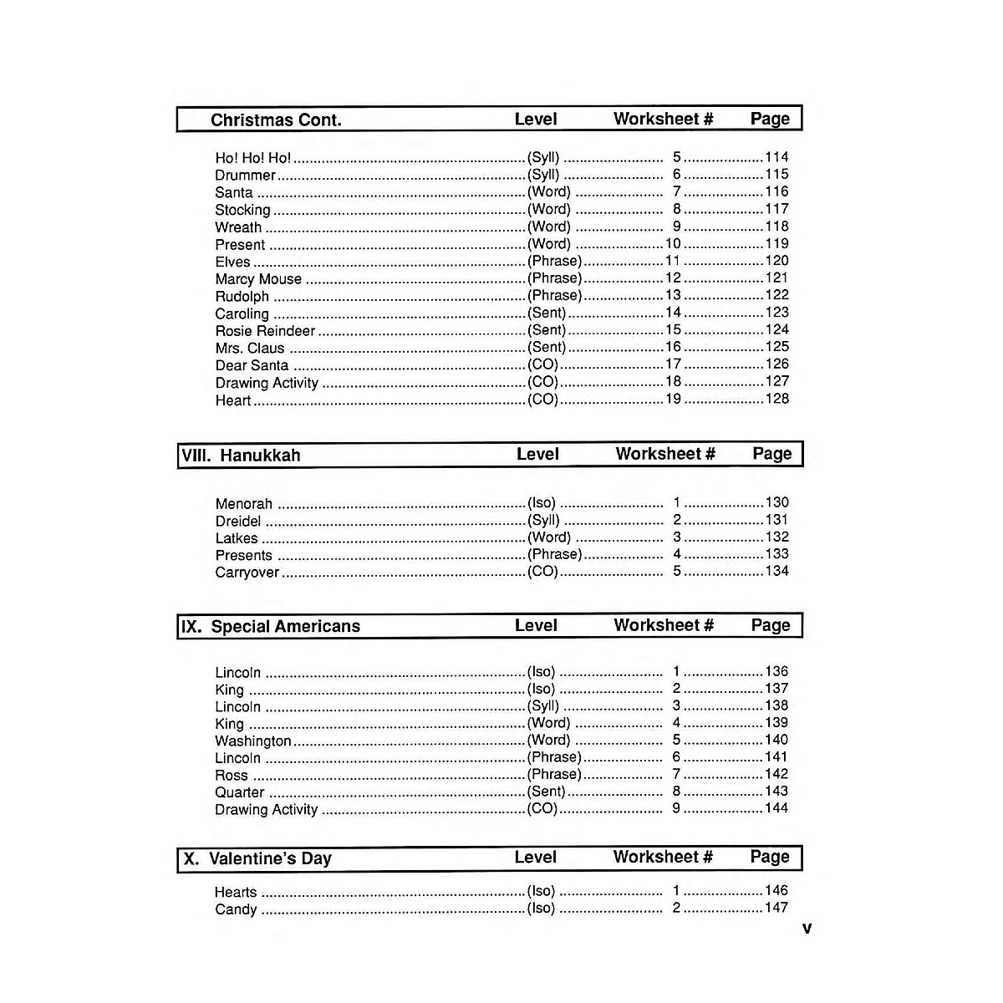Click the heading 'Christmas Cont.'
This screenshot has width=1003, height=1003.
coord(276,120)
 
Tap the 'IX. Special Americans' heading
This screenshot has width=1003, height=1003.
coord(271,626)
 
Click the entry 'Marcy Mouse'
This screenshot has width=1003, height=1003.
coord(258,279)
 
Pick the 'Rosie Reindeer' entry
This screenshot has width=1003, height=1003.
coord(265,331)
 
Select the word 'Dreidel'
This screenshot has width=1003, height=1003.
coord(238,522)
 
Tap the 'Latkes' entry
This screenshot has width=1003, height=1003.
coord(237,538)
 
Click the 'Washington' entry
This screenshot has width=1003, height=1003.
coord(253,741)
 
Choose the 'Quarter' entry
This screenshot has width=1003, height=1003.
coord(240,792)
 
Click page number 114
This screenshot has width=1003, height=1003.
coord(776,157)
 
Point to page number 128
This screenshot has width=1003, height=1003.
coord(776,399)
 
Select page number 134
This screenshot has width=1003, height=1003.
coord(776,572)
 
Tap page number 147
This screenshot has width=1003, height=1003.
coord(776,908)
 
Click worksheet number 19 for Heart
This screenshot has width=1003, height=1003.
coord(673,399)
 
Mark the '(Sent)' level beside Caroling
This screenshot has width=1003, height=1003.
coord(547,313)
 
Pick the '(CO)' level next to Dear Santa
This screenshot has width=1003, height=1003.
coord(542,364)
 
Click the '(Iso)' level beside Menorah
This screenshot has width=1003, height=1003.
coord(542,503)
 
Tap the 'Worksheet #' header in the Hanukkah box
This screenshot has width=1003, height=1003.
coord(665,454)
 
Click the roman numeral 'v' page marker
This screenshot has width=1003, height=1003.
coord(807,928)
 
